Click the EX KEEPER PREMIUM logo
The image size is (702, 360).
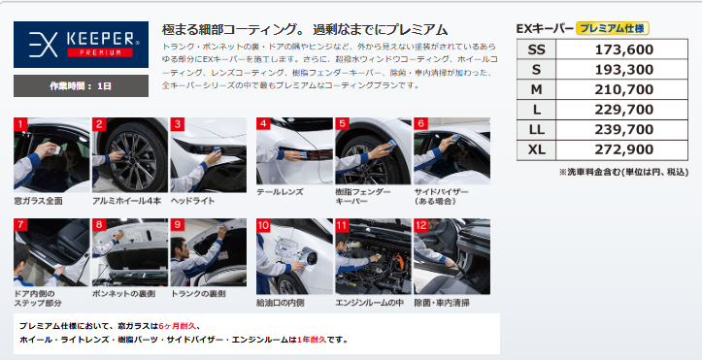coord(81,45)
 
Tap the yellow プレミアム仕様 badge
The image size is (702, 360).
coord(613,28)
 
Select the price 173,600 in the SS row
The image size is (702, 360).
coord(623,49)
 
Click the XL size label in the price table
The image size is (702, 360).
coord(536,149)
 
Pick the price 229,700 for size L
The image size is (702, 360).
coord(623,110)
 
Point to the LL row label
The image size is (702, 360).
coord(536,130)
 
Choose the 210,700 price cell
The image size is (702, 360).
coord(622,89)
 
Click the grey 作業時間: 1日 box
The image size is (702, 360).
coord(81,85)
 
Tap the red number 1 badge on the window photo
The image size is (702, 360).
coord(20,124)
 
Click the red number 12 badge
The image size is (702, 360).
coord(420,225)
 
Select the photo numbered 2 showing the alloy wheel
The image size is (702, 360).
coord(130,154)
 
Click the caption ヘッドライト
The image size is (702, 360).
coord(192,201)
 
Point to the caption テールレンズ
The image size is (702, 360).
coord(280,192)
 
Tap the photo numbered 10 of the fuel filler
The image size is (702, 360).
coord(294,256)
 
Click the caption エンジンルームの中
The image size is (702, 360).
coord(369,303)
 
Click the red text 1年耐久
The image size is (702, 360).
coord(312,340)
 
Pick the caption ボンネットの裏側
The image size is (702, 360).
coord(124,294)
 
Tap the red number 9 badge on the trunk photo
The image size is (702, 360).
coord(178,225)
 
